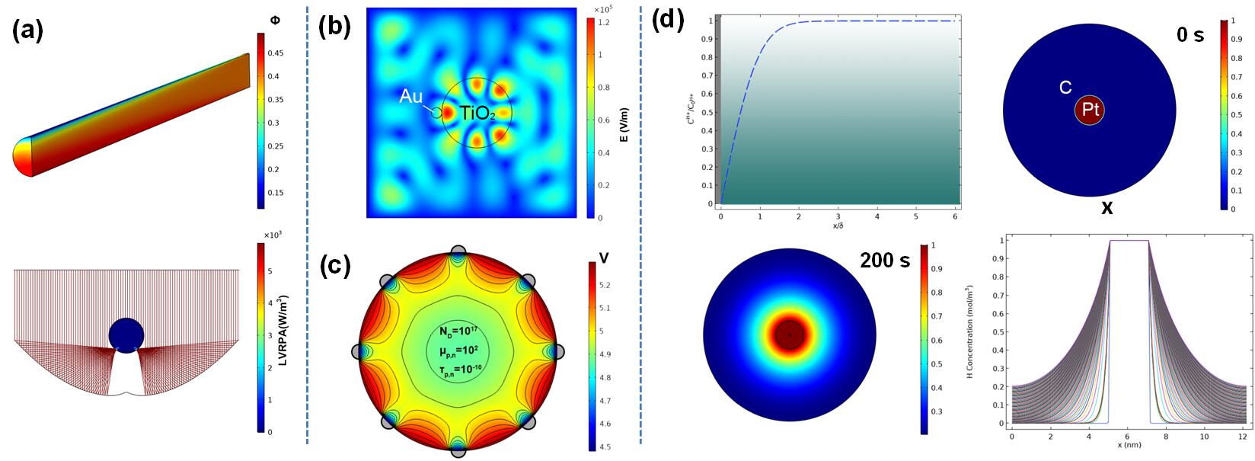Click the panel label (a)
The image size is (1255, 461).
click(x=27, y=32)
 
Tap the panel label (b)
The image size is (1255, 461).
click(x=334, y=27)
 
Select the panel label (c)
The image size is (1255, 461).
click(x=334, y=266)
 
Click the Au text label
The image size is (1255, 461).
click(x=412, y=97)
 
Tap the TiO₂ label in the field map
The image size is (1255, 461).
click(x=477, y=115)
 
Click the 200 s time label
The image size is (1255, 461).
click(x=885, y=261)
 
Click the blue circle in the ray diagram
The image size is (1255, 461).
click(x=126, y=336)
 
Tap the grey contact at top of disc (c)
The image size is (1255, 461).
click(x=458, y=252)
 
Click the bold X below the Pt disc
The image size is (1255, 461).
click(x=1107, y=208)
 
